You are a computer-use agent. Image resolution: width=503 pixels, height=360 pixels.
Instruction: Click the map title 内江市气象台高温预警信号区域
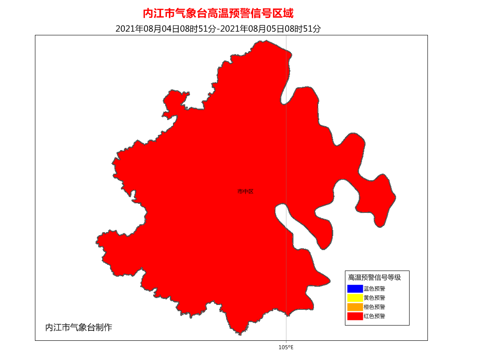click(218, 14)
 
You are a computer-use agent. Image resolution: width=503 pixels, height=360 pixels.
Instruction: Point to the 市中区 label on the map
click(245, 191)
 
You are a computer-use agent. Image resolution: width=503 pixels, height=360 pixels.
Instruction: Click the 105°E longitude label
click(286, 347)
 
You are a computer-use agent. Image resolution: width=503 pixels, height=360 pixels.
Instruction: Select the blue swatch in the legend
click(355, 288)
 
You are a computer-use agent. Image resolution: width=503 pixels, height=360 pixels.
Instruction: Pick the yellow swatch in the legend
click(355, 298)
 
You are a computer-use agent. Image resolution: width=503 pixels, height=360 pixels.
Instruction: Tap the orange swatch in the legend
click(355, 307)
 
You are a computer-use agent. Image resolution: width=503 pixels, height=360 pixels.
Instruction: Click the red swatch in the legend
click(355, 316)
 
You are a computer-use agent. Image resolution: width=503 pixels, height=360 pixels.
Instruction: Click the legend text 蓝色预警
click(374, 288)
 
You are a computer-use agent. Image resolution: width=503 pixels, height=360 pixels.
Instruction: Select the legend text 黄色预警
click(374, 298)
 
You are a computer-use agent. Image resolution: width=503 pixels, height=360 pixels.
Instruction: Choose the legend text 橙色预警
click(374, 307)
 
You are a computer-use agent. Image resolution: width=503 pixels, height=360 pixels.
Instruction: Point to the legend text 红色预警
click(374, 316)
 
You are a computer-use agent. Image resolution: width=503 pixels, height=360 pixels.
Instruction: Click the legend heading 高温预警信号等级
click(374, 277)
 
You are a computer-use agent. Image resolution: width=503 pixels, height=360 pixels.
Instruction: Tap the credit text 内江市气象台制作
click(79, 327)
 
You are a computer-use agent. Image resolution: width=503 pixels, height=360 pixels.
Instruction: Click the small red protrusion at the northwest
click(175, 103)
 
